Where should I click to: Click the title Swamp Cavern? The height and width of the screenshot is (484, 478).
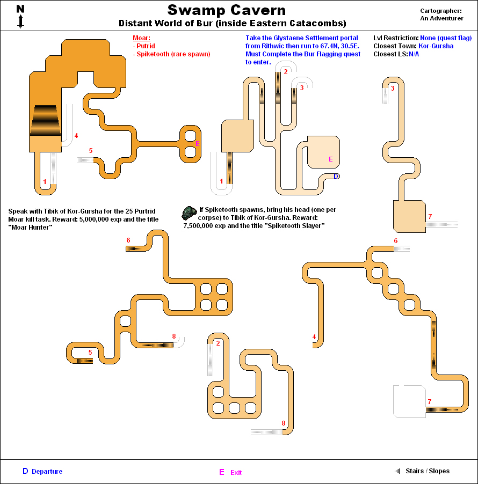[x=226, y=10]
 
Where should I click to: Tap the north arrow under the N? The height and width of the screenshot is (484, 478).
[x=20, y=21]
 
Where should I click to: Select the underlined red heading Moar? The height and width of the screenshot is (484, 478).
[x=141, y=38]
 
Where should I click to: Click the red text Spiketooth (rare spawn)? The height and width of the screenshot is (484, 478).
[x=172, y=54]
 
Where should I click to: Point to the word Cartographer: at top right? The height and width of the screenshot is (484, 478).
[x=441, y=11]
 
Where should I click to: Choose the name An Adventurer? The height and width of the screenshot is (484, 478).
[x=441, y=18]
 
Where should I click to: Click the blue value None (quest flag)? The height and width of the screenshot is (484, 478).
[x=446, y=38]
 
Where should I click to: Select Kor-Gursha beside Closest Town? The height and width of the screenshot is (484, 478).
[x=436, y=46]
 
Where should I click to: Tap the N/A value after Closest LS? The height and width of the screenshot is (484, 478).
[x=414, y=54]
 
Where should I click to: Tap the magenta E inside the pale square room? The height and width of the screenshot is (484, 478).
[x=331, y=159]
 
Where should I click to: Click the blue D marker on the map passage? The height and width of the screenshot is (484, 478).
[x=336, y=176]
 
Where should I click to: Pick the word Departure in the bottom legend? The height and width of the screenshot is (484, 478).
[x=47, y=472]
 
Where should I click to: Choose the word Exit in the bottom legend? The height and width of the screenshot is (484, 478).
[x=236, y=473]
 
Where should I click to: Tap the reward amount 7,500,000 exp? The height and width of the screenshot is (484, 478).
[x=206, y=226]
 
